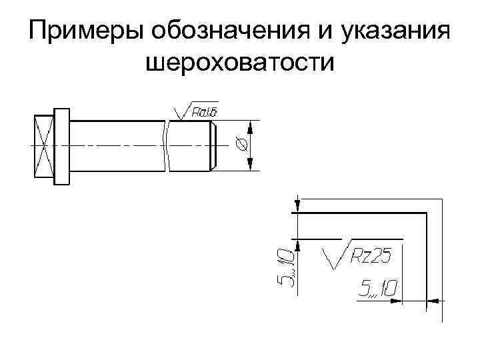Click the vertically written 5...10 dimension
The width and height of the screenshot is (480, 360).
(284, 267)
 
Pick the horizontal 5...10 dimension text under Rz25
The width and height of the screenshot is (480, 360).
(377, 289)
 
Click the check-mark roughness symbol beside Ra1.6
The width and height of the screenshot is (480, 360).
(179, 112)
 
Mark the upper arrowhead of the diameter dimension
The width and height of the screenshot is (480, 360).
(251, 127)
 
